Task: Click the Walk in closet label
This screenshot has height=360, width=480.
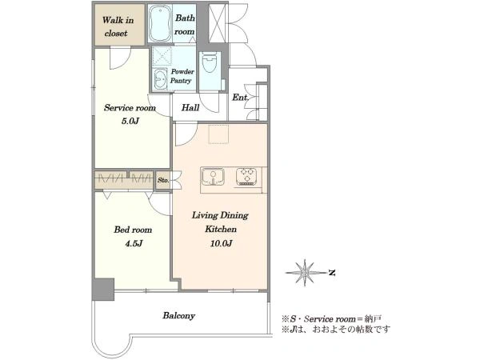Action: [x=118, y=26]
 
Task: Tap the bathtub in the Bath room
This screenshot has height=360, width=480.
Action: [x=160, y=23]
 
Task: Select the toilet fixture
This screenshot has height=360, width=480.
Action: [x=210, y=62]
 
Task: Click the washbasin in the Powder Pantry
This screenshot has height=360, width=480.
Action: [x=160, y=79]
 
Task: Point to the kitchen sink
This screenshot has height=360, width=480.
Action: [x=213, y=178]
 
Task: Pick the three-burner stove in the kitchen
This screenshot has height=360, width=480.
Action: [x=246, y=177]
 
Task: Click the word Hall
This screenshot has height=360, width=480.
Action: [x=190, y=107]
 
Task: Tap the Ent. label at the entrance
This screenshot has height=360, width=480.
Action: [x=240, y=98]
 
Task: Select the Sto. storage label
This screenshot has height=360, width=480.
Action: [x=163, y=180]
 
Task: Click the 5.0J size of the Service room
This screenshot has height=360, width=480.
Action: [x=130, y=121]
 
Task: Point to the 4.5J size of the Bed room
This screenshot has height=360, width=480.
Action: [x=134, y=244]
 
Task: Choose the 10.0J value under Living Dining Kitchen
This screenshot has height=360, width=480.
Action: [x=221, y=244]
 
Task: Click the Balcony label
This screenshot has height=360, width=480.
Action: [x=178, y=316]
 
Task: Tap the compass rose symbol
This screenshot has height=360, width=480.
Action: [x=305, y=272]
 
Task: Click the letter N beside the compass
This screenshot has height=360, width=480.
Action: [x=332, y=273]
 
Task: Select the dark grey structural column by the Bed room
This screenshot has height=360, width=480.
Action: [x=103, y=290]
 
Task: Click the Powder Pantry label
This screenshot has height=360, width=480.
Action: [x=182, y=76]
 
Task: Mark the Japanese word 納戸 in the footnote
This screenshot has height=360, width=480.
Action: [x=373, y=318]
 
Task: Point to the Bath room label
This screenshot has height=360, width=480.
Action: [x=185, y=25]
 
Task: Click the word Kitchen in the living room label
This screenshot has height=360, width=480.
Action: [x=221, y=230]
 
